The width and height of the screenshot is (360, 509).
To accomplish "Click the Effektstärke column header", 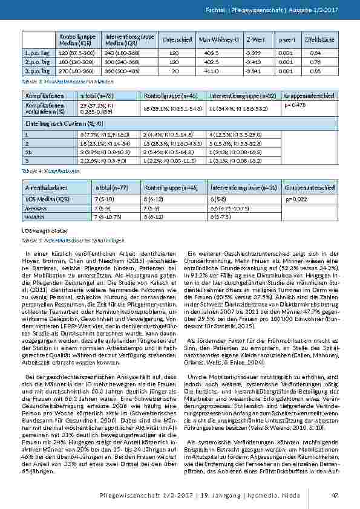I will (319, 40).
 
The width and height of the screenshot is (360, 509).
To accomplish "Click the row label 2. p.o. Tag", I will (36, 62).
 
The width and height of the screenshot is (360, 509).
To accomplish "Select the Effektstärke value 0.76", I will (315, 62).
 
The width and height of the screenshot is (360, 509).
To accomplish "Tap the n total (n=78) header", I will (97, 96).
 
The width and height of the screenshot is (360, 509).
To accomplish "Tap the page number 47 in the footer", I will (333, 496).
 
